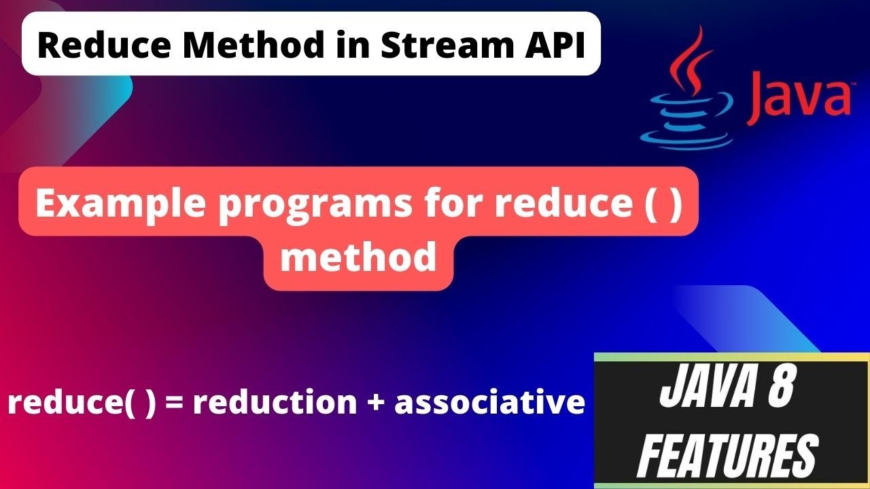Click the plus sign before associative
click(x=375, y=402)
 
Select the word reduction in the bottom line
click(x=275, y=402)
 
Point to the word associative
click(x=489, y=402)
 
